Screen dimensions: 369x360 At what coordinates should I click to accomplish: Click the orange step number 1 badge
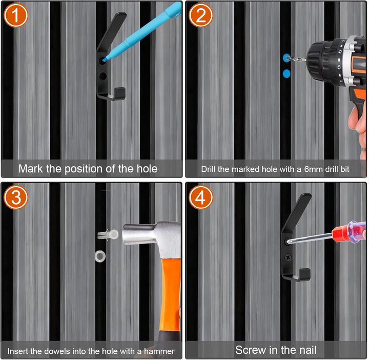tap(16, 15)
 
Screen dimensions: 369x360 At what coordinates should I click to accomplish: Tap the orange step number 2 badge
tap(201, 15)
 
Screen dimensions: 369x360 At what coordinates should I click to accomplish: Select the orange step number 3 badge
tap(16, 197)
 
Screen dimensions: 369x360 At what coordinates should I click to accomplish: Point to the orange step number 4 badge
tap(201, 197)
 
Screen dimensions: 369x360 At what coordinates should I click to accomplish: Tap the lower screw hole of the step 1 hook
tap(103, 76)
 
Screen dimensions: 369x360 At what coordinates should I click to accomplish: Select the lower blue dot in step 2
tap(286, 74)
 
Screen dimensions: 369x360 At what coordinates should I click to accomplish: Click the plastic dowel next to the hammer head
tap(108, 235)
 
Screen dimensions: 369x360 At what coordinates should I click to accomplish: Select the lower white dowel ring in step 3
tap(100, 256)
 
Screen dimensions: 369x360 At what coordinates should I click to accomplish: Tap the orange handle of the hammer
tap(171, 296)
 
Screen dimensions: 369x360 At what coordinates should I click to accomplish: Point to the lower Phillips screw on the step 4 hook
tap(288, 257)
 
